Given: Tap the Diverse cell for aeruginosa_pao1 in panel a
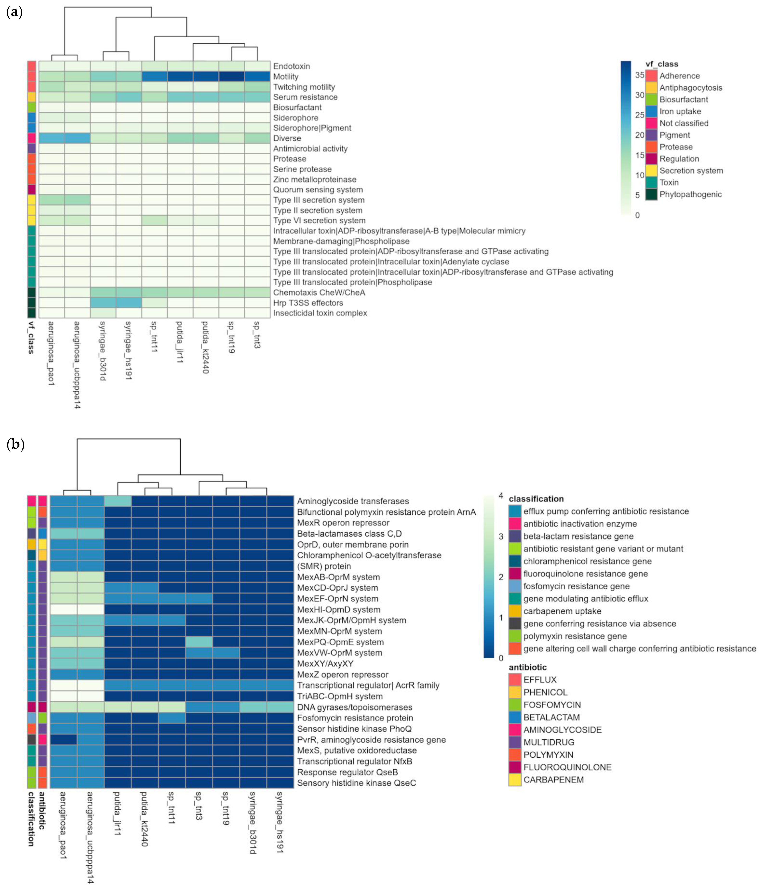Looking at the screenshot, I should [x=51, y=138].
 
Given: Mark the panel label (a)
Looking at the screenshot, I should [x=15, y=12].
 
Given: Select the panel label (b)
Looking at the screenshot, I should [x=16, y=444].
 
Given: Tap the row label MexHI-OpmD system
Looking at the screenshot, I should [x=338, y=609].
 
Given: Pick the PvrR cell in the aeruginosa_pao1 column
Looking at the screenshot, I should [x=64, y=740].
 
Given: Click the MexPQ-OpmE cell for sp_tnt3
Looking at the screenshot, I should [x=199, y=642].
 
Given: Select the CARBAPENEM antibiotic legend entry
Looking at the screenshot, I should [x=553, y=780].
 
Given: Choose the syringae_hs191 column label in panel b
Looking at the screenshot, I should [x=280, y=822].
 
